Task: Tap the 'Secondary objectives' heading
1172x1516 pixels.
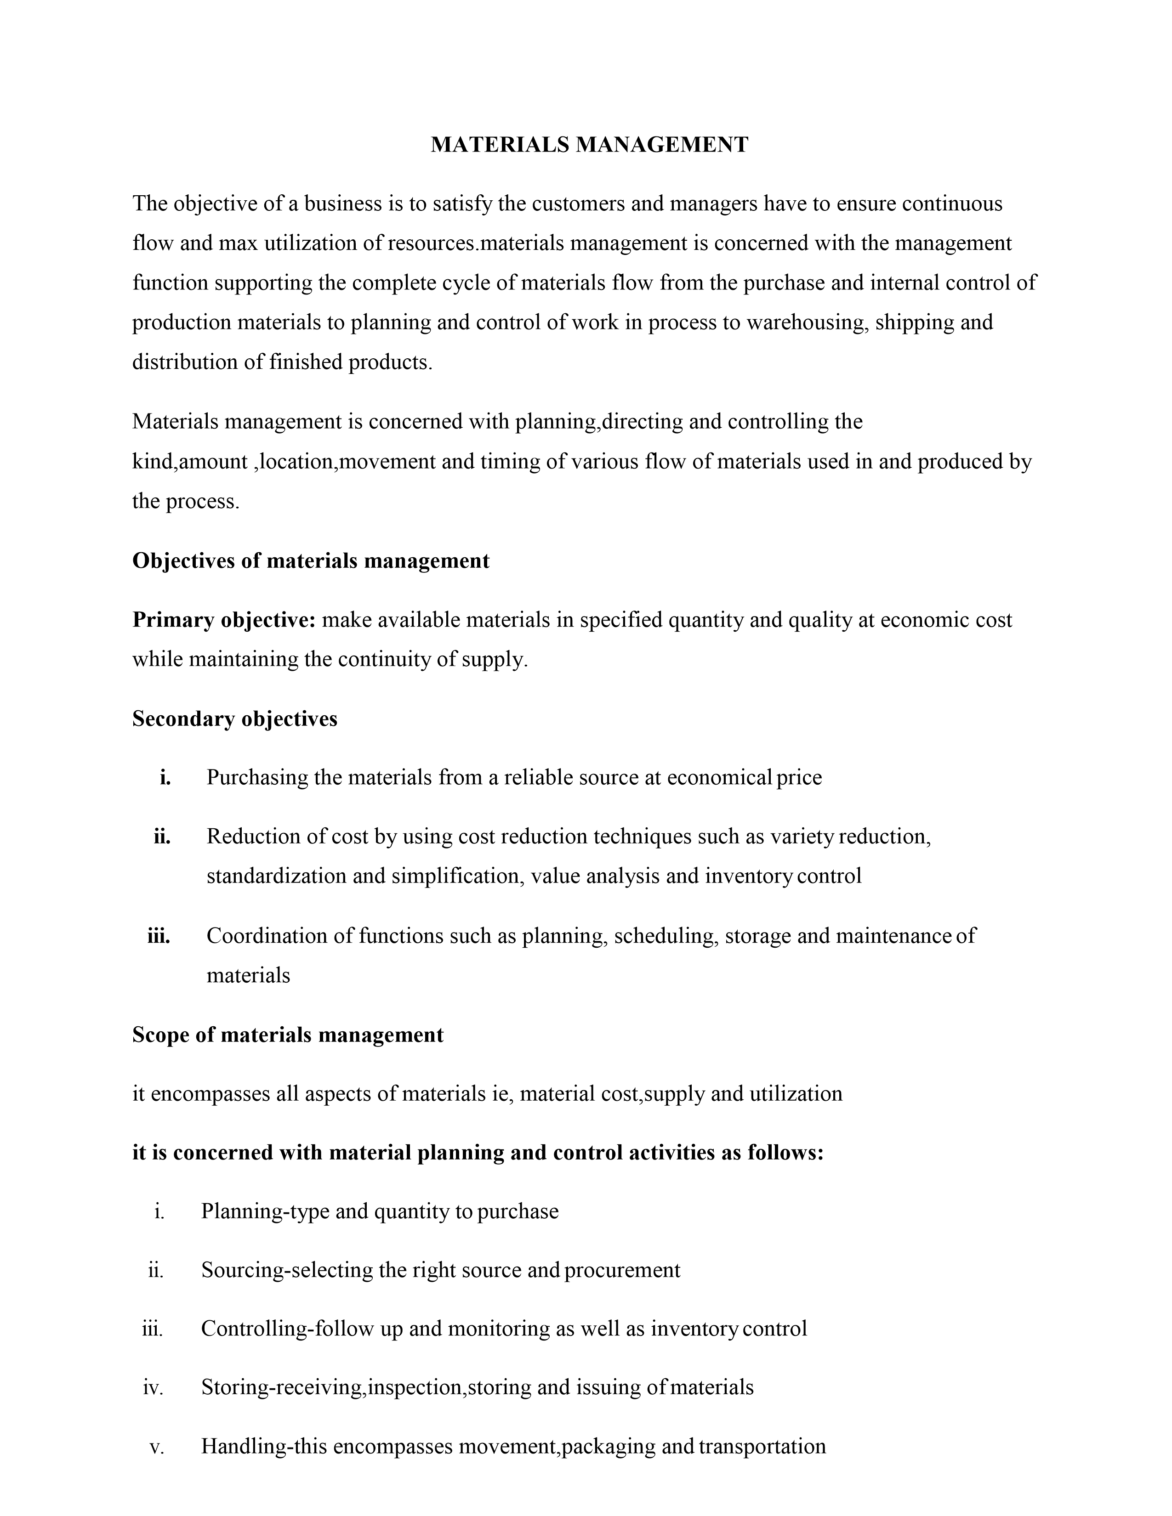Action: [x=235, y=719]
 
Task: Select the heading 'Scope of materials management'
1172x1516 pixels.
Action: [x=287, y=1035]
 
